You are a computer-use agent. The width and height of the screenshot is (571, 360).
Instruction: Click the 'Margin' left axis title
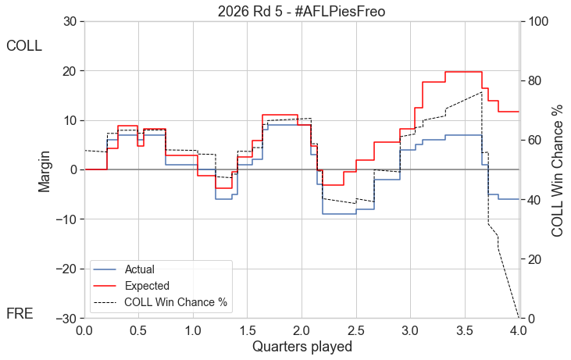tap(46, 170)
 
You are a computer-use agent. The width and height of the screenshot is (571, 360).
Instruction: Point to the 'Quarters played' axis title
tap(302, 346)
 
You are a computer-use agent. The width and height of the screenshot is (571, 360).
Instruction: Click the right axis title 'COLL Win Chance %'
tap(557, 170)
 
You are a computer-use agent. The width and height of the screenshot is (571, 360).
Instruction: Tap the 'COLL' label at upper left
tap(23, 46)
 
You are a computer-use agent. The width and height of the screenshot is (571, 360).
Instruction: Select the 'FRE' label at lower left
tap(20, 314)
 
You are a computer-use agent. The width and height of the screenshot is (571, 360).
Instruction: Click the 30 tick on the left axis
tap(70, 21)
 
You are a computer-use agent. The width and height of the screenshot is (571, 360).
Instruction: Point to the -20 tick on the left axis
tap(66, 269)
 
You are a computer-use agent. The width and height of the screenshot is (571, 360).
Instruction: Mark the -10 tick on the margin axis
tap(66, 219)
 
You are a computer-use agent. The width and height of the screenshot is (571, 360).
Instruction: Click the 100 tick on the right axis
tap(538, 21)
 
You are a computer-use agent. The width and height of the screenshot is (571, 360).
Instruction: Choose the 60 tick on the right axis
tap(535, 141)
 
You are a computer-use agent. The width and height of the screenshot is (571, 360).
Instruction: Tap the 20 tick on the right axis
tap(535, 259)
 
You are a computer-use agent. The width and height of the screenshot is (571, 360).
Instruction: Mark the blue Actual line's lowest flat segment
tap(338, 214)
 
